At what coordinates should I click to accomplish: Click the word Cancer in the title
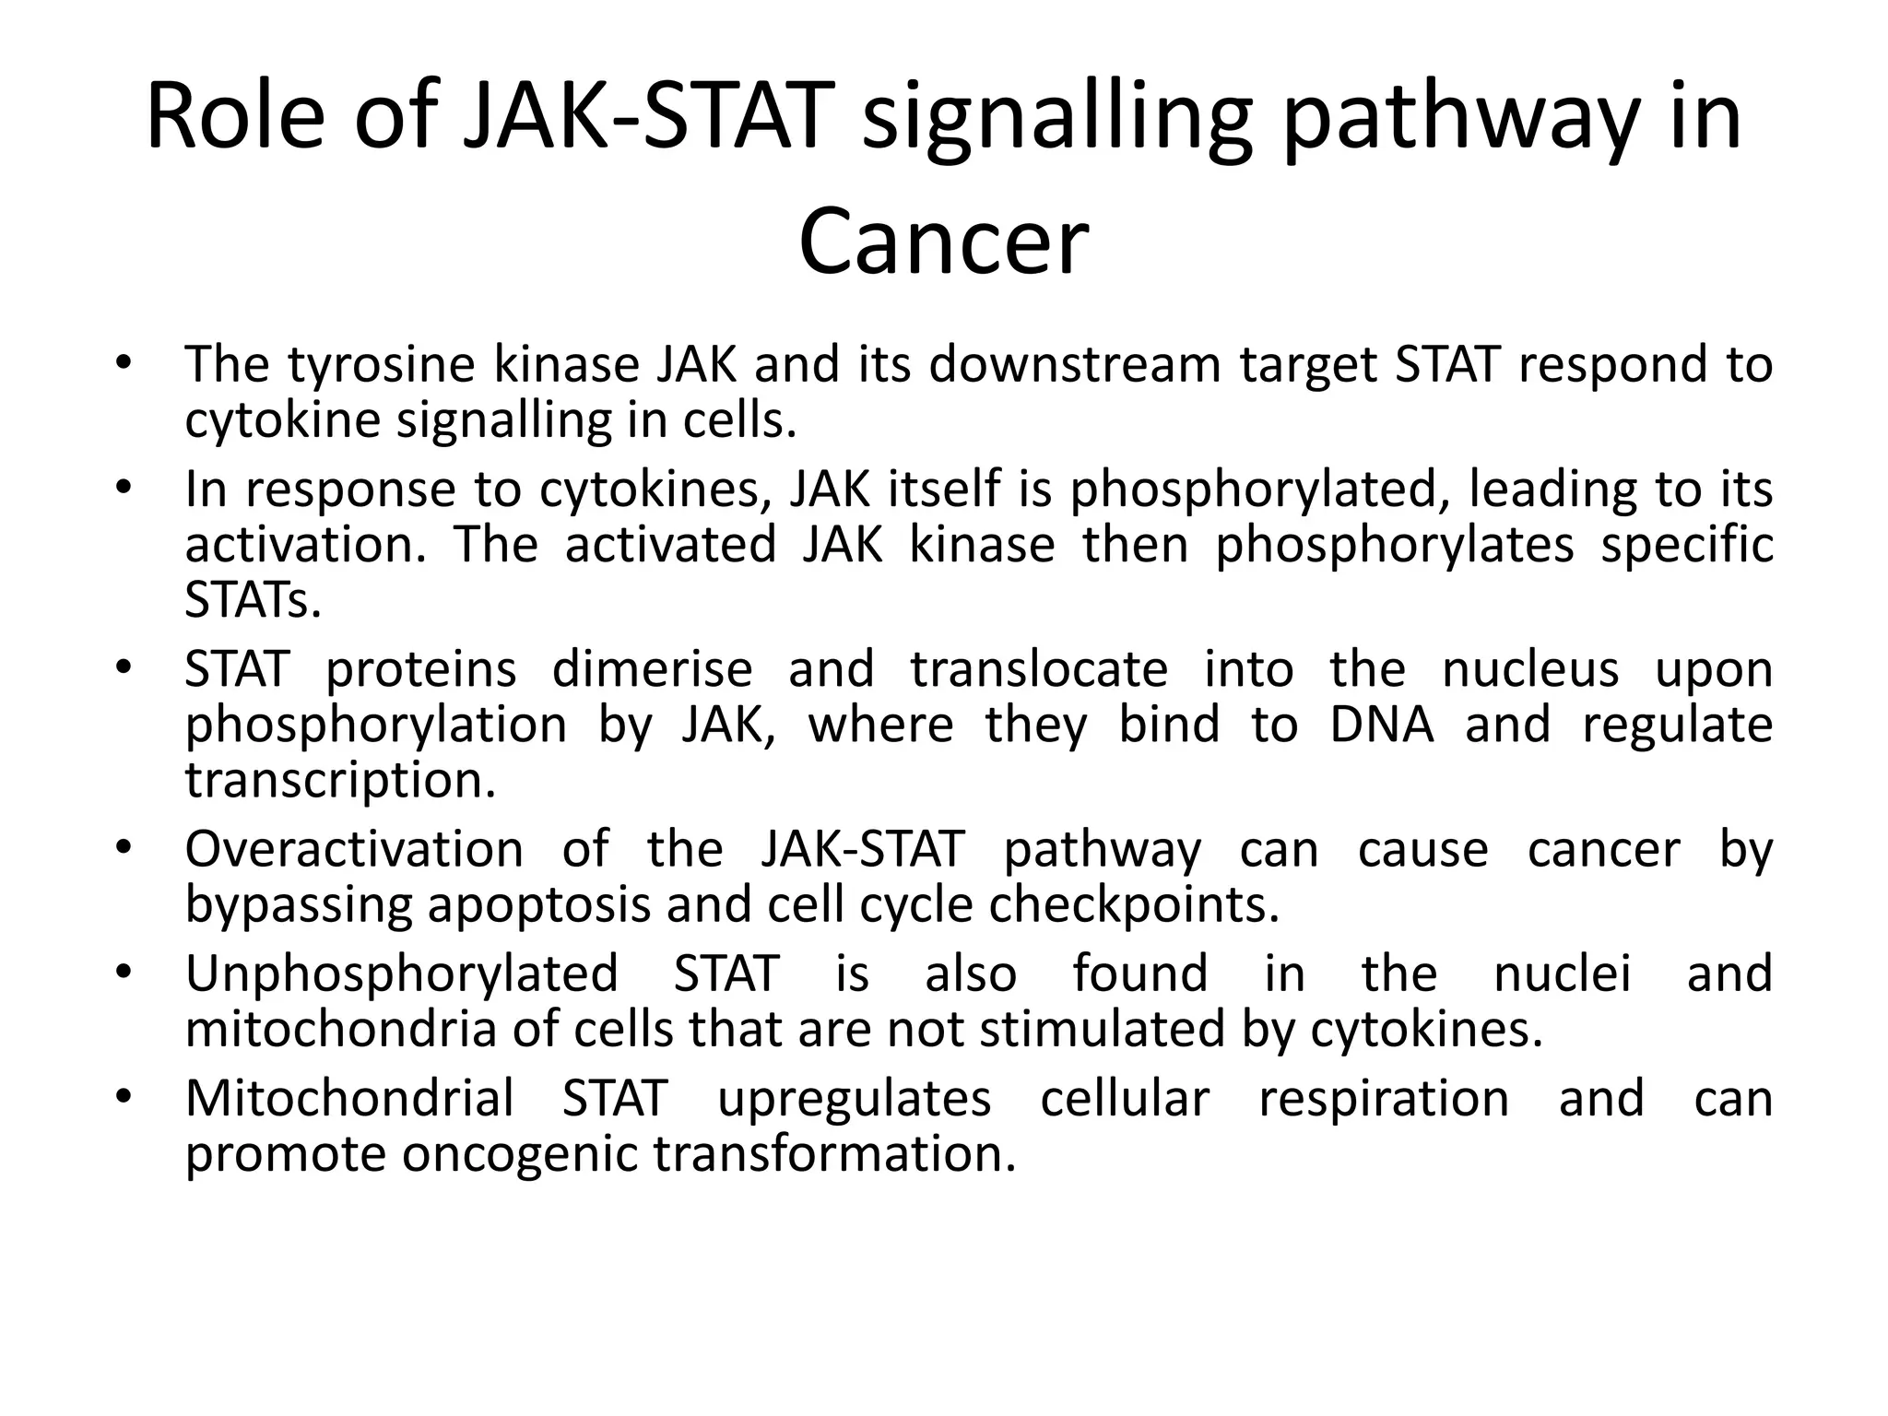943,242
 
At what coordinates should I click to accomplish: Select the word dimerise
652,668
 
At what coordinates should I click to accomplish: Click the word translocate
1040,668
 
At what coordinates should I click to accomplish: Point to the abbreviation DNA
1382,725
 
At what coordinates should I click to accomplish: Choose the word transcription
340,781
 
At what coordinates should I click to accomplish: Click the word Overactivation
354,848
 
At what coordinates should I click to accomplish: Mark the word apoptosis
539,905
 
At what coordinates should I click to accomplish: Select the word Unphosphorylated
401,973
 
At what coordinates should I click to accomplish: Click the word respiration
1384,1099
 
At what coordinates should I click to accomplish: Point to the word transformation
835,1154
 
